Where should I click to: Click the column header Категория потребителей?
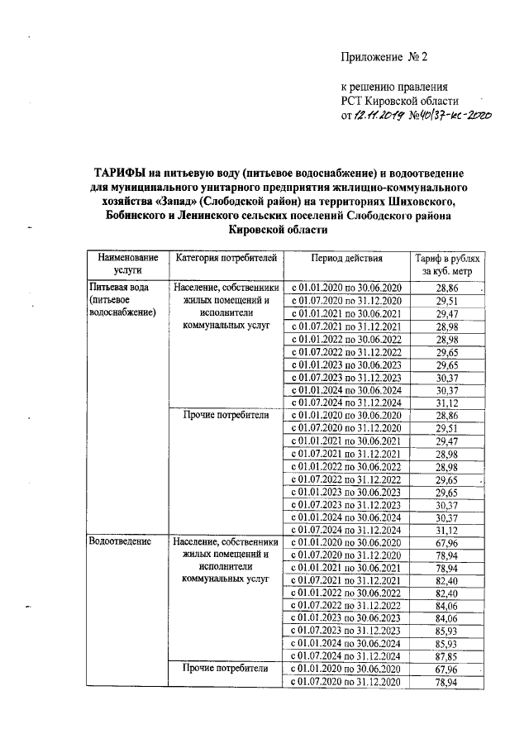click(x=223, y=258)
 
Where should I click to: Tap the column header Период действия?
click(x=346, y=258)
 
